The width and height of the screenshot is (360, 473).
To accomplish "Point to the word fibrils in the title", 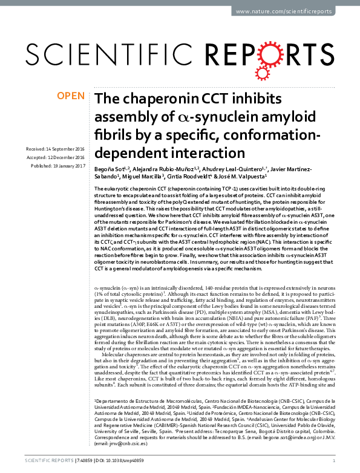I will click(113, 133).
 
